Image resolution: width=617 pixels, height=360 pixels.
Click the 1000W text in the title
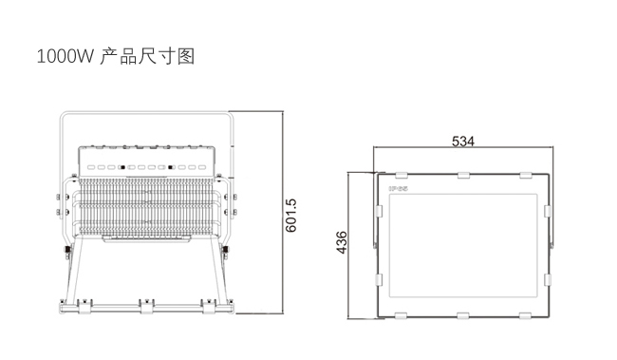click(x=65, y=56)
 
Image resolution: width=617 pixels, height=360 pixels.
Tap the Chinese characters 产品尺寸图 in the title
click(x=147, y=56)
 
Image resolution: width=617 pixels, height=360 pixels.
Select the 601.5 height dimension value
click(x=290, y=216)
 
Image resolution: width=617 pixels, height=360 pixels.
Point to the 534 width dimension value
click(x=463, y=141)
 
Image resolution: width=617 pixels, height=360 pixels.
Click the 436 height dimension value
click(x=342, y=242)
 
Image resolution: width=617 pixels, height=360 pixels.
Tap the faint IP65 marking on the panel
click(x=399, y=189)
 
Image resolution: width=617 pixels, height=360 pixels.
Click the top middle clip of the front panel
click(x=463, y=175)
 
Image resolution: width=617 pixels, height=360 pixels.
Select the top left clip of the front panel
click(x=401, y=175)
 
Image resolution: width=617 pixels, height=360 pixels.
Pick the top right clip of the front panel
click(x=526, y=175)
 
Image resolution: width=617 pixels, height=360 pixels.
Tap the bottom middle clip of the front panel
click(x=463, y=315)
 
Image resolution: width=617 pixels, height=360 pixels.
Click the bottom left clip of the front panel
click(x=401, y=315)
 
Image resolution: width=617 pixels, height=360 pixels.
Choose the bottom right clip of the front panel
click(x=525, y=315)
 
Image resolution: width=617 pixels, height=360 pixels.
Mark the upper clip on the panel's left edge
click(x=379, y=211)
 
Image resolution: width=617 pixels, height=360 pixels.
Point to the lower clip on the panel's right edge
click(x=548, y=279)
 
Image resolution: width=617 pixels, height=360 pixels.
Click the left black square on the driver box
click(x=122, y=167)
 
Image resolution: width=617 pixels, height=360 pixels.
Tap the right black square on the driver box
click(x=170, y=167)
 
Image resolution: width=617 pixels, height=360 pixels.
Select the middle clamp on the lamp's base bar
click(x=147, y=306)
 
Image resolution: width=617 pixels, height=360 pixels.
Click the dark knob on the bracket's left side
click(x=68, y=250)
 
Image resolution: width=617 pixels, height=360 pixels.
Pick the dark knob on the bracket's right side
click(x=226, y=250)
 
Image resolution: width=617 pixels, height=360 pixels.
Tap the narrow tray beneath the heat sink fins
click(x=147, y=238)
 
